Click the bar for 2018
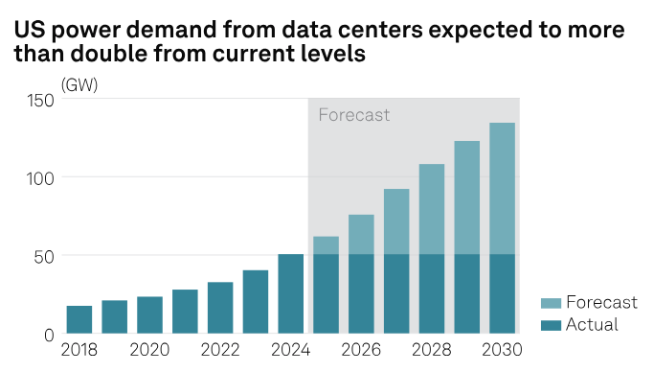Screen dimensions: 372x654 (79, 319)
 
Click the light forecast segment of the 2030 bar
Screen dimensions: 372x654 (502, 188)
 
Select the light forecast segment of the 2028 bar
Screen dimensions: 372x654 (432, 209)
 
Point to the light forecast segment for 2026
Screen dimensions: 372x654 (361, 234)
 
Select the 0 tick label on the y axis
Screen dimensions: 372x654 (48, 334)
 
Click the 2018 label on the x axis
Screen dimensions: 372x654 (79, 352)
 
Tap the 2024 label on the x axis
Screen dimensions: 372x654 (290, 352)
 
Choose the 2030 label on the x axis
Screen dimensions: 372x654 (502, 352)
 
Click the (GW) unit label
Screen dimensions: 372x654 (79, 84)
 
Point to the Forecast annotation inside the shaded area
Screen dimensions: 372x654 (353, 115)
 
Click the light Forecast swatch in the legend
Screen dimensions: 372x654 (550, 302)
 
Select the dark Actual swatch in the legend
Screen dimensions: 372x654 (550, 324)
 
